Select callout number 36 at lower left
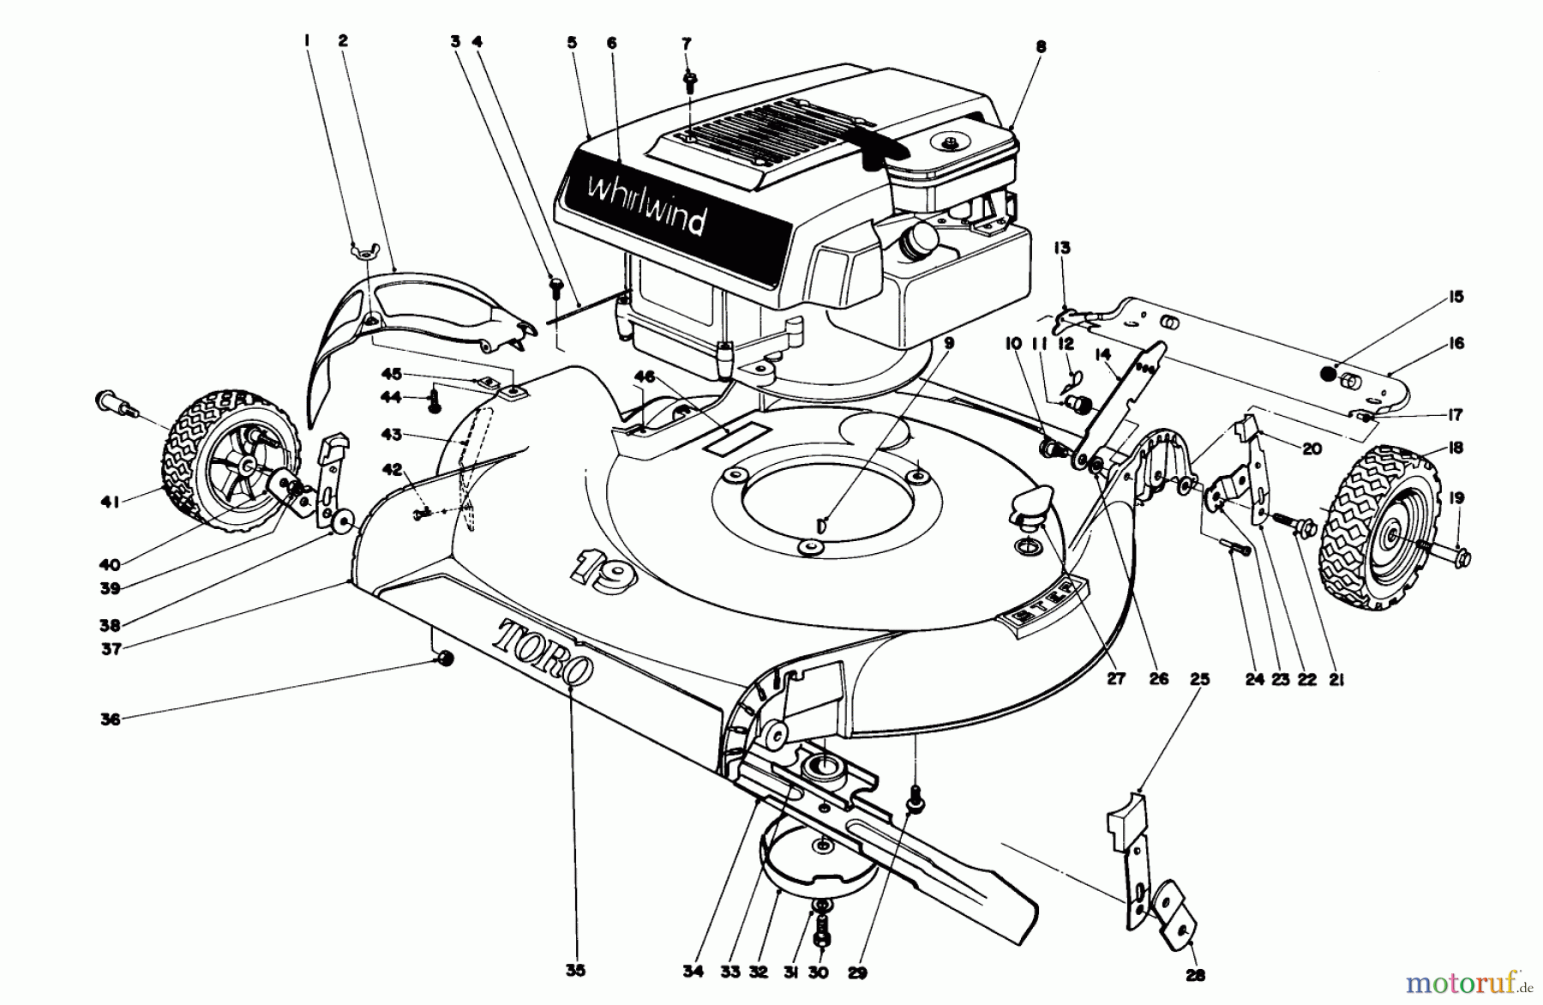[110, 719]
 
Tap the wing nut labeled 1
[361, 250]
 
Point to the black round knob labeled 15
[1327, 373]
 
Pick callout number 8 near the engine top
[1041, 48]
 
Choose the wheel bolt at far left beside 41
[114, 402]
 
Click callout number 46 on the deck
[645, 376]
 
